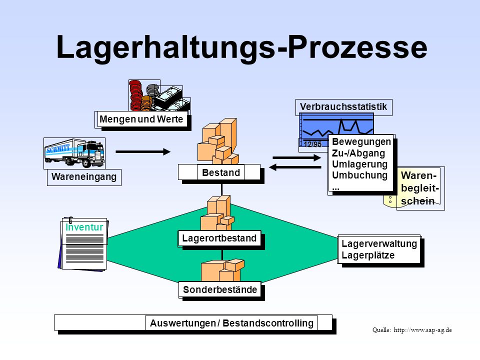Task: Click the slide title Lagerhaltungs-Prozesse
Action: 242,47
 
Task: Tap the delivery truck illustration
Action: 74,153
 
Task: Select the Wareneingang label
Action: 84,177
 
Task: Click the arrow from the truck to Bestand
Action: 143,151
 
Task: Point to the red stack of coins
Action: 135,95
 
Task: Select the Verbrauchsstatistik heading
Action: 343,107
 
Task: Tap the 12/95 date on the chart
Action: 312,144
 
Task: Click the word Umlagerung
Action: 359,164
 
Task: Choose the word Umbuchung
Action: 359,175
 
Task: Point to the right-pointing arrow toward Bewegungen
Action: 296,157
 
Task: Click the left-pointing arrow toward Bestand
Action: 295,167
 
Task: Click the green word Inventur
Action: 84,227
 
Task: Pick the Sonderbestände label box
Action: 220,289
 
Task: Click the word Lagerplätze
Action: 368,255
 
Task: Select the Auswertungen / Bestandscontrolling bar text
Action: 231,323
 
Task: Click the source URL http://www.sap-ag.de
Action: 422,330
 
